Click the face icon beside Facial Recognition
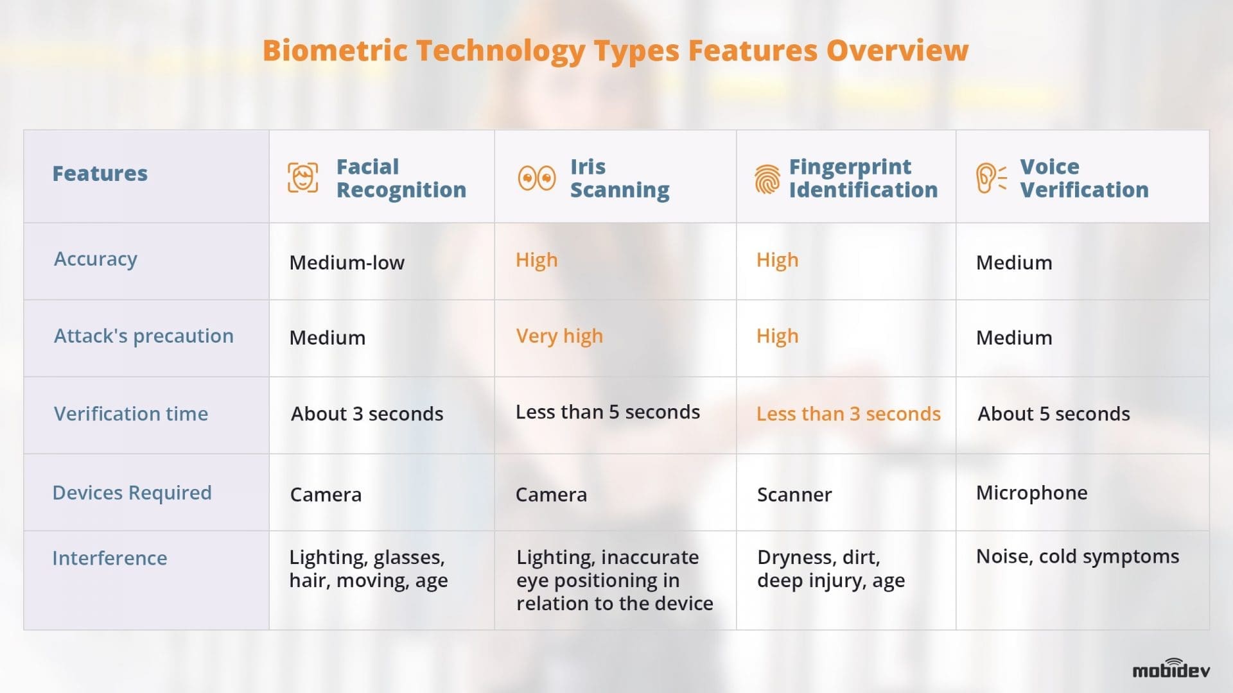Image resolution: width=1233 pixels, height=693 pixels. point(302,178)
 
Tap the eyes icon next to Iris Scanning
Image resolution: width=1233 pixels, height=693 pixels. point(536,178)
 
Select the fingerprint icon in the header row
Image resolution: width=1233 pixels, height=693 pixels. point(767,179)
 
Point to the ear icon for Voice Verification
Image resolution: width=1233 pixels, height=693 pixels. point(990,178)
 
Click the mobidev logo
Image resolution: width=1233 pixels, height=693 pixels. point(1171,669)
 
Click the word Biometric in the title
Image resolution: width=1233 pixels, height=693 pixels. point(335,51)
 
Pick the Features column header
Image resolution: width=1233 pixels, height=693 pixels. point(100,173)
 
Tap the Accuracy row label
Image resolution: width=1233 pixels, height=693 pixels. point(96,259)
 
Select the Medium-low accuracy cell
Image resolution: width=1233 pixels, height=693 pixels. point(347,262)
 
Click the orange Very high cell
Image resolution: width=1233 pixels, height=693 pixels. point(559,336)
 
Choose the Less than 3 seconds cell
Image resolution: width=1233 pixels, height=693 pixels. point(848,414)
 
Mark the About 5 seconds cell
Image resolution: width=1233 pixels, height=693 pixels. point(1053,414)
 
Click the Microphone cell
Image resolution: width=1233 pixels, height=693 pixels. point(1031,493)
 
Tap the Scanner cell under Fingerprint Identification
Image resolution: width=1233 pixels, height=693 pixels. point(794,495)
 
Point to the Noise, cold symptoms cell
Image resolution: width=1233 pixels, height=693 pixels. point(1077,556)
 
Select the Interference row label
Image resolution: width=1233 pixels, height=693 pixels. point(109,558)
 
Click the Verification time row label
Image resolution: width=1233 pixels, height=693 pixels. point(131,414)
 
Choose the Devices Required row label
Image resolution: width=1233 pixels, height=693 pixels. point(132,493)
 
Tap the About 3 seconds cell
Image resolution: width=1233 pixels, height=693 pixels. point(367,414)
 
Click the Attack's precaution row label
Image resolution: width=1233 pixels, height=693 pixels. point(143,336)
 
